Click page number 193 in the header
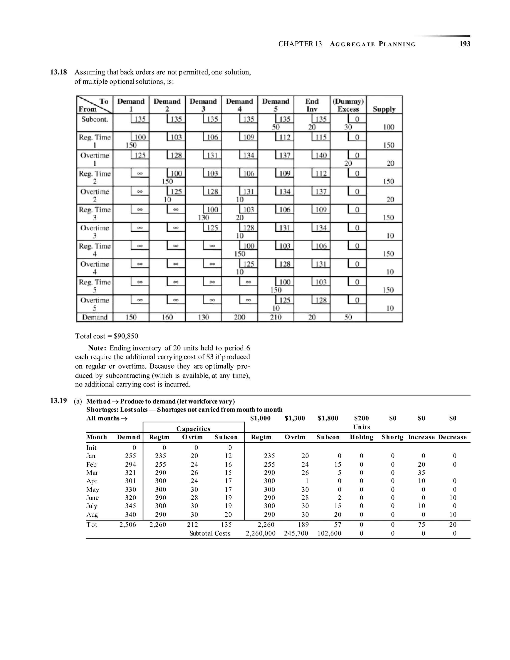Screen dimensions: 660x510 (464, 44)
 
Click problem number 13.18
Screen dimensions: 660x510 (58, 72)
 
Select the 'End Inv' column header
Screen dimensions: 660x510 (312, 105)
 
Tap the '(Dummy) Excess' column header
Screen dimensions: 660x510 (348, 105)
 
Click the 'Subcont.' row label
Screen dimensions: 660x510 (95, 119)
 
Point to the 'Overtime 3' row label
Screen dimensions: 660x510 (95, 231)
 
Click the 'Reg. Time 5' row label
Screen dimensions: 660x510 (95, 286)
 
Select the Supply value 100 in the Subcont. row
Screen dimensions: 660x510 (388, 127)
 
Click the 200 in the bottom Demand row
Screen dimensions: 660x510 (239, 317)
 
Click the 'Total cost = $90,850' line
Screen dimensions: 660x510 (107, 336)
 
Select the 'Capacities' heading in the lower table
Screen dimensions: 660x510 (193, 429)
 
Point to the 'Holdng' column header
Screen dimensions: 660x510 (361, 437)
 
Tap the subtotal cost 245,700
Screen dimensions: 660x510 (296, 533)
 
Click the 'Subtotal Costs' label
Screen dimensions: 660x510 (210, 533)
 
